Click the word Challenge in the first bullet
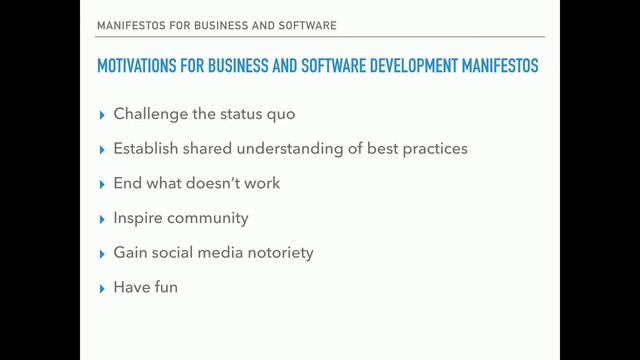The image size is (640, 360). click(x=150, y=114)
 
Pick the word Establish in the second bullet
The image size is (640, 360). click(x=146, y=149)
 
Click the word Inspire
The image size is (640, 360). click(x=139, y=218)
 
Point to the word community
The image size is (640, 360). click(x=208, y=218)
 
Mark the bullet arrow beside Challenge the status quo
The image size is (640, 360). click(x=101, y=115)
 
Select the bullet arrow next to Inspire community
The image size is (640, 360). click(x=101, y=219)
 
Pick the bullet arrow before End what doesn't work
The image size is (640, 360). click(x=101, y=184)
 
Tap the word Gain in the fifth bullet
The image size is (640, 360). click(x=131, y=253)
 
